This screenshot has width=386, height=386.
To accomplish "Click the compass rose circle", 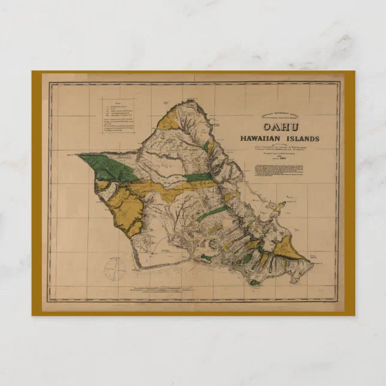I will (x=115, y=269).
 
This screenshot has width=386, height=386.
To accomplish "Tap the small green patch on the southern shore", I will (x=254, y=281).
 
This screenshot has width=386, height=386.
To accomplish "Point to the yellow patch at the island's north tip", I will (x=168, y=122).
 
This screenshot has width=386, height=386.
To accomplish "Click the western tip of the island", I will (x=78, y=155).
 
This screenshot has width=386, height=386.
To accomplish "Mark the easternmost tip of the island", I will (x=312, y=260).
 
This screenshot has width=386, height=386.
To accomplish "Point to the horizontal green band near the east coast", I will (x=198, y=177).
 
